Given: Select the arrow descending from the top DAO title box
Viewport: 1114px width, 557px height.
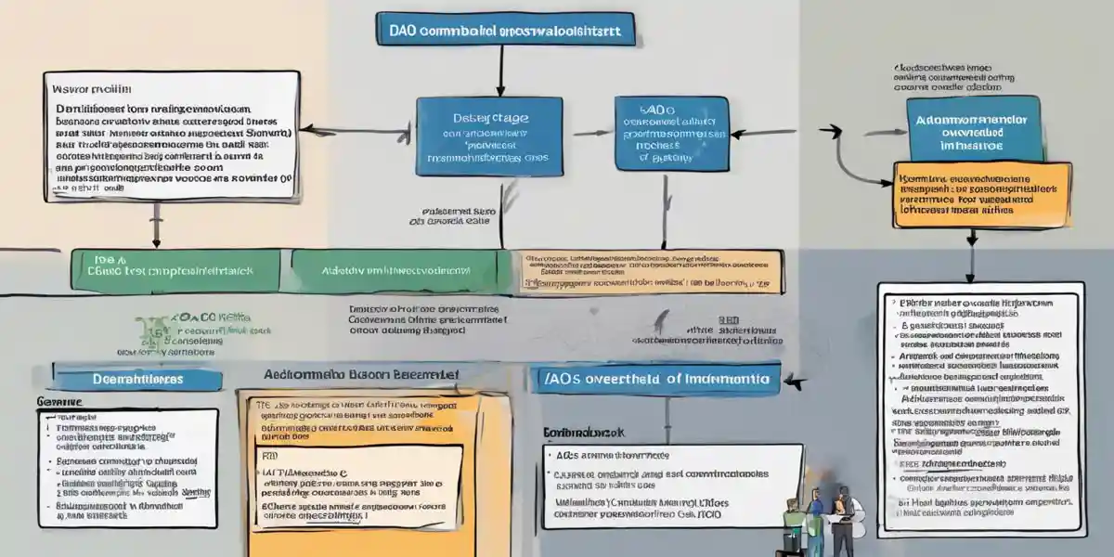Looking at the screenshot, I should point(500,70).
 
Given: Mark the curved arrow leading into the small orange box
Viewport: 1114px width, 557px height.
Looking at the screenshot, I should point(849,158).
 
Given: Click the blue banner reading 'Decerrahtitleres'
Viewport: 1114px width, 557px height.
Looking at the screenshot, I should point(137,380).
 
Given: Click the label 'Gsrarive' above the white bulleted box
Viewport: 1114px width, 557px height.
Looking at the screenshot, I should point(58,402).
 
